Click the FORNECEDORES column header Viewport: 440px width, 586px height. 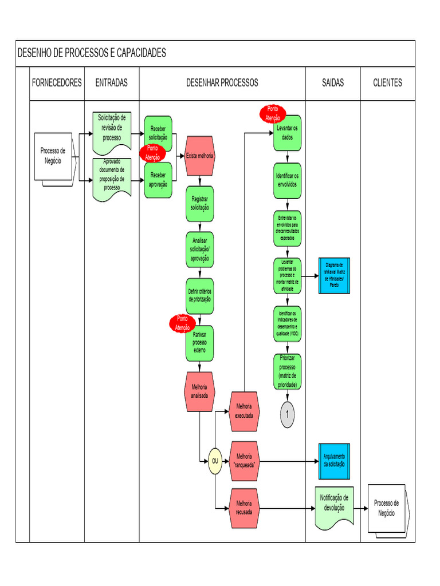coord(57,83)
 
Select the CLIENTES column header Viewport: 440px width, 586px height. coord(387,83)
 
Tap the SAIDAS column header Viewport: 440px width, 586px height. coord(333,83)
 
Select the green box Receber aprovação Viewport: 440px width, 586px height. coord(158,180)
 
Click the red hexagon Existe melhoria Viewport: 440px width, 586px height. coord(199,156)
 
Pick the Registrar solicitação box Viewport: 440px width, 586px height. coord(199,204)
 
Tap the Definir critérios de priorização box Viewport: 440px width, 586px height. coord(199,296)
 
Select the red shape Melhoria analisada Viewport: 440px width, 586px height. coord(199,391)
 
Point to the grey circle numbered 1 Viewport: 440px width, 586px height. coord(288,414)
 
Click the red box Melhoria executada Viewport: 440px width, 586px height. coord(244,411)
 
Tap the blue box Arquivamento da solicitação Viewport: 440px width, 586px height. coord(334,461)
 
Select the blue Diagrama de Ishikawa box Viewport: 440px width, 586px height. coord(334,275)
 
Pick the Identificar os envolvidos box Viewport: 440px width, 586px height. coord(287,180)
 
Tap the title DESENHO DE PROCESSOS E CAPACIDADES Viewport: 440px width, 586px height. coord(92,53)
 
